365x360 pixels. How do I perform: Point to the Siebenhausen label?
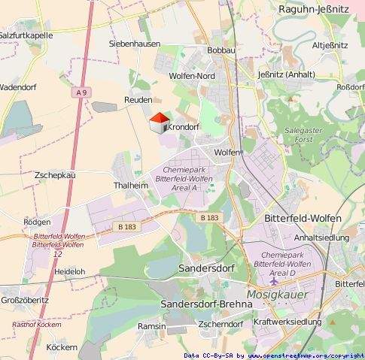(x=134, y=44)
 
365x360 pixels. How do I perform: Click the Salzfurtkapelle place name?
(x=26, y=35)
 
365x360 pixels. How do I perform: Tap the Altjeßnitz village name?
(x=329, y=45)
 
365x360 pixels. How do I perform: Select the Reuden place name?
(x=138, y=100)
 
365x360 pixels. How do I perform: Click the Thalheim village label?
(x=130, y=185)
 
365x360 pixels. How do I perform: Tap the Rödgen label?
(x=37, y=222)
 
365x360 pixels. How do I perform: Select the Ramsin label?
(x=152, y=326)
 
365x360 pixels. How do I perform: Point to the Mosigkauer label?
(x=277, y=295)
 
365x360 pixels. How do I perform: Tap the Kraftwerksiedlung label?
(x=287, y=322)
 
